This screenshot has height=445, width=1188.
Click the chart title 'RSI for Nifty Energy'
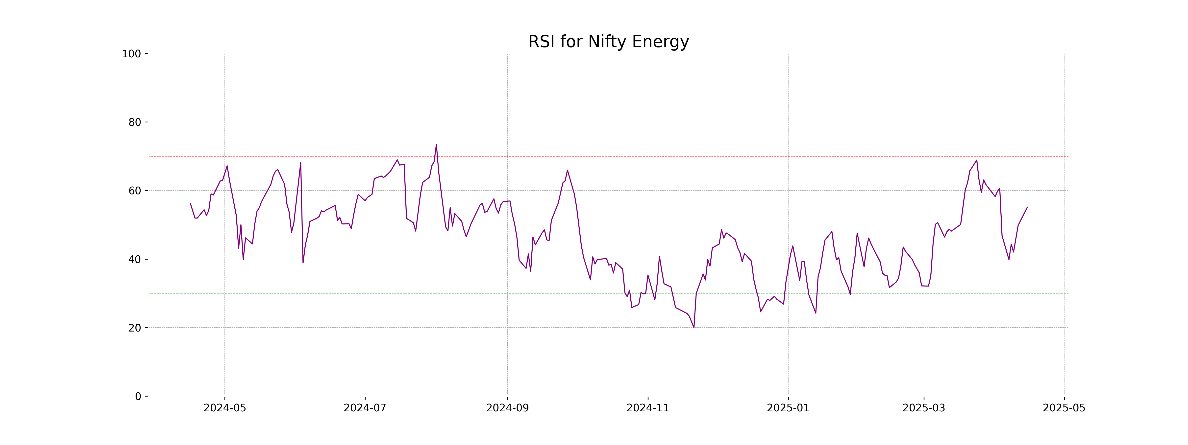(x=608, y=42)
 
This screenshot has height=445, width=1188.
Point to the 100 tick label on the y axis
(x=131, y=54)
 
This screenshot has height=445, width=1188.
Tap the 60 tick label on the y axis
(x=135, y=191)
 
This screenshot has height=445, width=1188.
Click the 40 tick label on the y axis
(x=135, y=259)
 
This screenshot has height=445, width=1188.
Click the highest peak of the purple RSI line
(x=436, y=145)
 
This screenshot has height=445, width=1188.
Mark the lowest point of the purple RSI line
(x=693, y=328)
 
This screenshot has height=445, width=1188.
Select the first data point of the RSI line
(x=191, y=203)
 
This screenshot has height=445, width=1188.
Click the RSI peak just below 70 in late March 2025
(x=976, y=160)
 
